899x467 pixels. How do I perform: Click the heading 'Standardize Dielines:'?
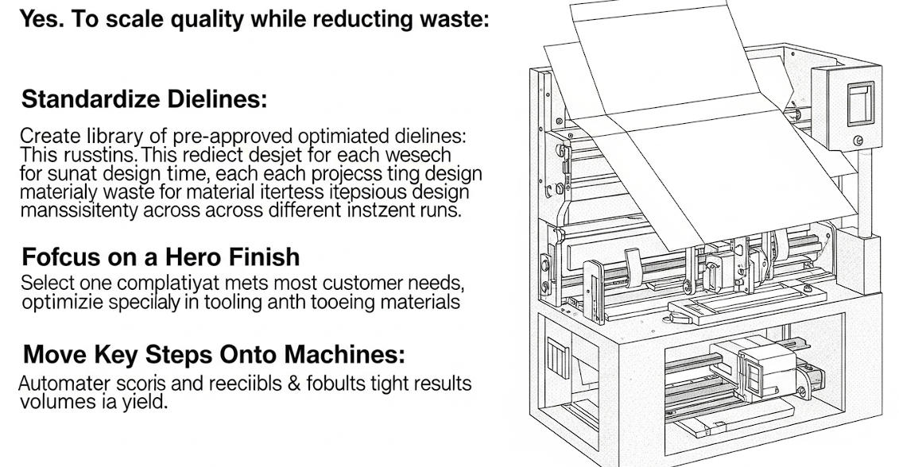pos(144,99)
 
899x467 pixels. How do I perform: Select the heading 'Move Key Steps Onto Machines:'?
pos(213,353)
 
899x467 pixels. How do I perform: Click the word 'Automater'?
pos(59,384)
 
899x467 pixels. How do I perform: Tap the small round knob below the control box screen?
pos(858,141)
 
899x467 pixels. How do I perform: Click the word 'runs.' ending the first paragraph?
pos(441,210)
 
